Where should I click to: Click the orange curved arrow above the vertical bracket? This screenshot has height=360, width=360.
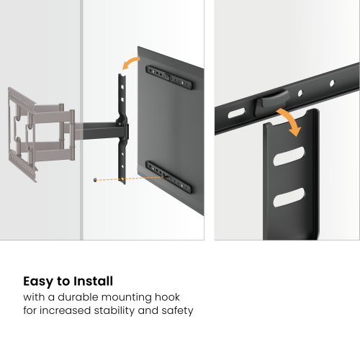pyautogui.click(x=130, y=63)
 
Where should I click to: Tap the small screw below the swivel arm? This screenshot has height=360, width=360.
pyautogui.click(x=95, y=180)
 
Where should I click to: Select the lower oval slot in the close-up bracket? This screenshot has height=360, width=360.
pyautogui.click(x=289, y=196)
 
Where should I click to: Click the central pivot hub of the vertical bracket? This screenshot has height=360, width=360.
pyautogui.click(x=125, y=132)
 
